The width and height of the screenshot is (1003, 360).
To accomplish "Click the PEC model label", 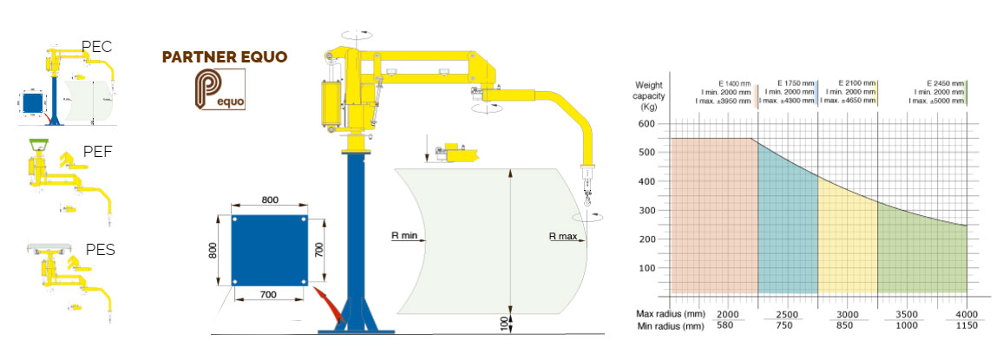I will pos(96,47).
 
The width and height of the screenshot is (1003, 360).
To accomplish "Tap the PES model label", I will pos(101,251).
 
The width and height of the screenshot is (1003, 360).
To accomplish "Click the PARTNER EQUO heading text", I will pos(225,58).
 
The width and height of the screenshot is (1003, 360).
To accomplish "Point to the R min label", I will pos(404,234).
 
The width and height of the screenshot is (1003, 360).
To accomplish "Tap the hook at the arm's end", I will pos(586,209).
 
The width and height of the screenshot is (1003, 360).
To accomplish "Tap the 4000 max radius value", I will pos(966,313).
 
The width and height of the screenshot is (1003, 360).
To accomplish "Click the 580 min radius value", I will pos(727,325).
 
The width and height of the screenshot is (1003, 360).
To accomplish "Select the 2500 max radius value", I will pos(788,313).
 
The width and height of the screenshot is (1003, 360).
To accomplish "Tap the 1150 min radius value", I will pos(966,325).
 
